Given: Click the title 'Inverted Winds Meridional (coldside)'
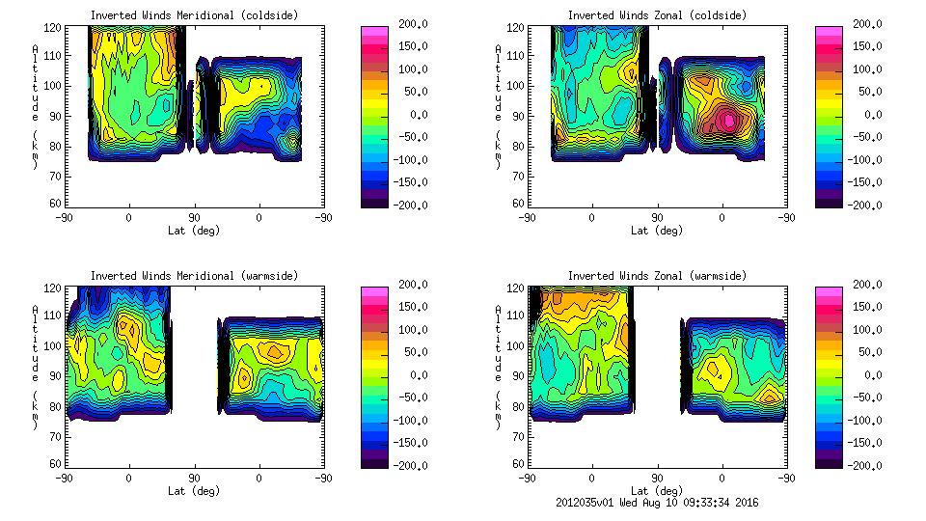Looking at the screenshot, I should pos(194,15).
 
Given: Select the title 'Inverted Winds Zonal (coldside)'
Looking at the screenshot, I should pos(657,15).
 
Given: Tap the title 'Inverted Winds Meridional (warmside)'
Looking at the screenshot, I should pos(194,276).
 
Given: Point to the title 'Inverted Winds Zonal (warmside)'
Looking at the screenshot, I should pos(657,276).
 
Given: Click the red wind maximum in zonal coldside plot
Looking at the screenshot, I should pos(727,121).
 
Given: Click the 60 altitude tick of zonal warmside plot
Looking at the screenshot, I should pos(519,464).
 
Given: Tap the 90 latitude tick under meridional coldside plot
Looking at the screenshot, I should pos(194,218).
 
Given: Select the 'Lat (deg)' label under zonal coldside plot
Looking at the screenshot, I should pos(657,231).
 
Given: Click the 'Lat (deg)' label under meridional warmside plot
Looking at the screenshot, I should pos(194,491).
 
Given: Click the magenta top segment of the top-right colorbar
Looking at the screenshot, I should pos(830,31).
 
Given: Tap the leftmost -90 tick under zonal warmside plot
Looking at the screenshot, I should pos(527,479).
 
